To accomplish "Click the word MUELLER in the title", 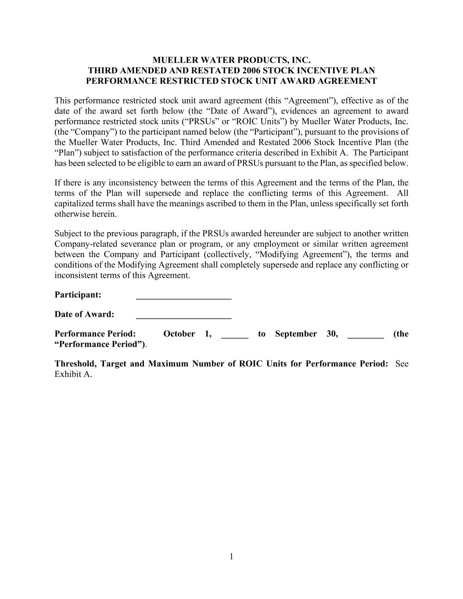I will (x=171, y=60).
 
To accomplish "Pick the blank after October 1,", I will (x=235, y=335).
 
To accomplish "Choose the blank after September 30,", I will (x=366, y=335).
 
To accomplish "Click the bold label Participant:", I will (x=78, y=295).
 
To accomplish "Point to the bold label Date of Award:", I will (x=84, y=314).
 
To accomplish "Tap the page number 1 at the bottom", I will (x=231, y=557).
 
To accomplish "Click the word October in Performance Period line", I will (x=179, y=334).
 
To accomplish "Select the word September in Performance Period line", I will (x=296, y=334).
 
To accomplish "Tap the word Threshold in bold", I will (x=75, y=364).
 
